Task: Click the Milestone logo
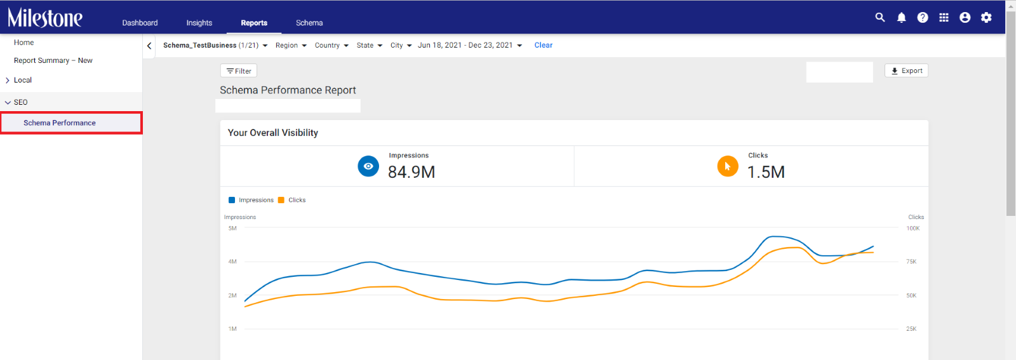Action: [45, 18]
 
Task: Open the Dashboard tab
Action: [140, 23]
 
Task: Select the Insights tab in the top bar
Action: [199, 23]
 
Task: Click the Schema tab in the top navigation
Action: [309, 23]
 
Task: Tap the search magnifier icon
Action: [880, 18]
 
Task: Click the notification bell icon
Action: [901, 18]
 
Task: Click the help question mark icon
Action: [923, 18]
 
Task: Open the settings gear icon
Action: [986, 18]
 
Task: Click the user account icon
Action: [965, 18]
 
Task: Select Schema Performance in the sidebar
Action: [60, 123]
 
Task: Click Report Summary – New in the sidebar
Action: [53, 60]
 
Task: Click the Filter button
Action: [239, 70]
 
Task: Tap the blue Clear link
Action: [544, 45]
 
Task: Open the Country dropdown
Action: [331, 45]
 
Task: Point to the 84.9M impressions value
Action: [411, 172]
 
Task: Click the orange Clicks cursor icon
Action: [728, 166]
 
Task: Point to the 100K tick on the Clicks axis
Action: [912, 228]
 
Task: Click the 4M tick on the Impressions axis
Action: [232, 262]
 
